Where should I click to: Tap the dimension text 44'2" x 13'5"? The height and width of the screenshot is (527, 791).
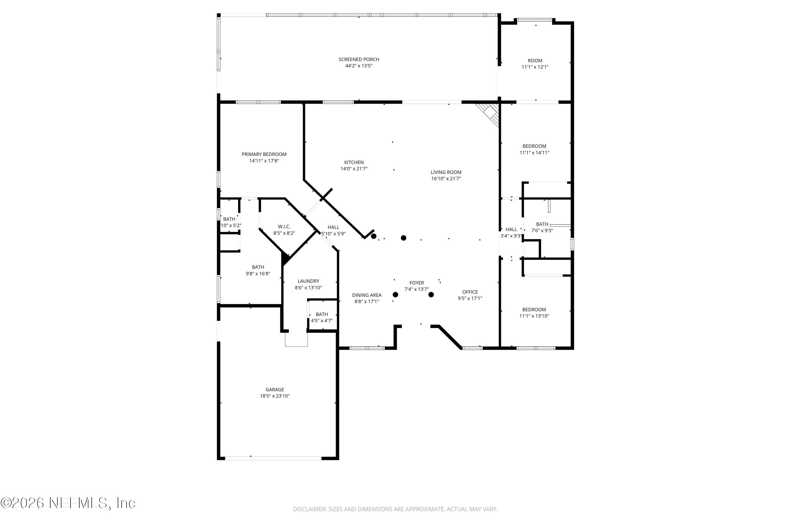[359, 66]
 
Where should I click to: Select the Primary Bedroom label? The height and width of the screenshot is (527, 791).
[264, 154]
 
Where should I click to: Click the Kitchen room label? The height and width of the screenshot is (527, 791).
[354, 162]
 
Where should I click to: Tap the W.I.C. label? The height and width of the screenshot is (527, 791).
[284, 227]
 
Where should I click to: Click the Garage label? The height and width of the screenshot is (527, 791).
[275, 389]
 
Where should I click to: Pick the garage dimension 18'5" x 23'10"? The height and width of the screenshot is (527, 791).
[275, 396]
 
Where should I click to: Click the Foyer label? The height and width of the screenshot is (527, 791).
[417, 283]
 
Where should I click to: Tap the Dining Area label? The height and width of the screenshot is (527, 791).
[366, 295]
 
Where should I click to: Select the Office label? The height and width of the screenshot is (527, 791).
[470, 292]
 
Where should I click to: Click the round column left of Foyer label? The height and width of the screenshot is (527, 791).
[395, 295]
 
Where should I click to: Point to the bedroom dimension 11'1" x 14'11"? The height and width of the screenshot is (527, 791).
[534, 153]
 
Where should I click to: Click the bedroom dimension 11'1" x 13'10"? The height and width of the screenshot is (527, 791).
[534, 316]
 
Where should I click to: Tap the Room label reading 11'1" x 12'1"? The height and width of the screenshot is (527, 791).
[535, 61]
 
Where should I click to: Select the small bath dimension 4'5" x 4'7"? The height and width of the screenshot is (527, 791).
[322, 321]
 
